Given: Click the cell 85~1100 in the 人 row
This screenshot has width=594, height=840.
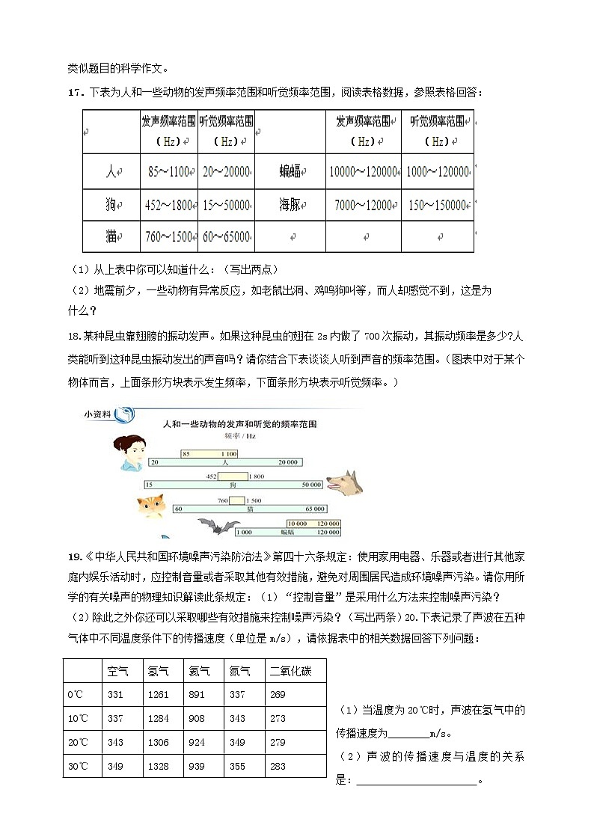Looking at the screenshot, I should [168, 172].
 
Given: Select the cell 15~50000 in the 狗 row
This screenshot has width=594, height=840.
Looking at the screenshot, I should [226, 205].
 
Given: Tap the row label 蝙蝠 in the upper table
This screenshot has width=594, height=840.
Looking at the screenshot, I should [290, 172].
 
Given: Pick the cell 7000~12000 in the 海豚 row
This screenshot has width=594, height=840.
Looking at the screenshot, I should [363, 205].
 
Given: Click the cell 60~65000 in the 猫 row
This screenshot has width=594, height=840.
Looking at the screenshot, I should [226, 237].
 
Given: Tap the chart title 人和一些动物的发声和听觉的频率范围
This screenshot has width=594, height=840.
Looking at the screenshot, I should [239, 423].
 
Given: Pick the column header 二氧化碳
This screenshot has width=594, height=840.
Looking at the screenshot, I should [290, 671].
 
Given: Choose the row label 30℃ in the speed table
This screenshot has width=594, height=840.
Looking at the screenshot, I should [78, 766].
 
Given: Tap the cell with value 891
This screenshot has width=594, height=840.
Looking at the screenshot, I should [199, 695].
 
